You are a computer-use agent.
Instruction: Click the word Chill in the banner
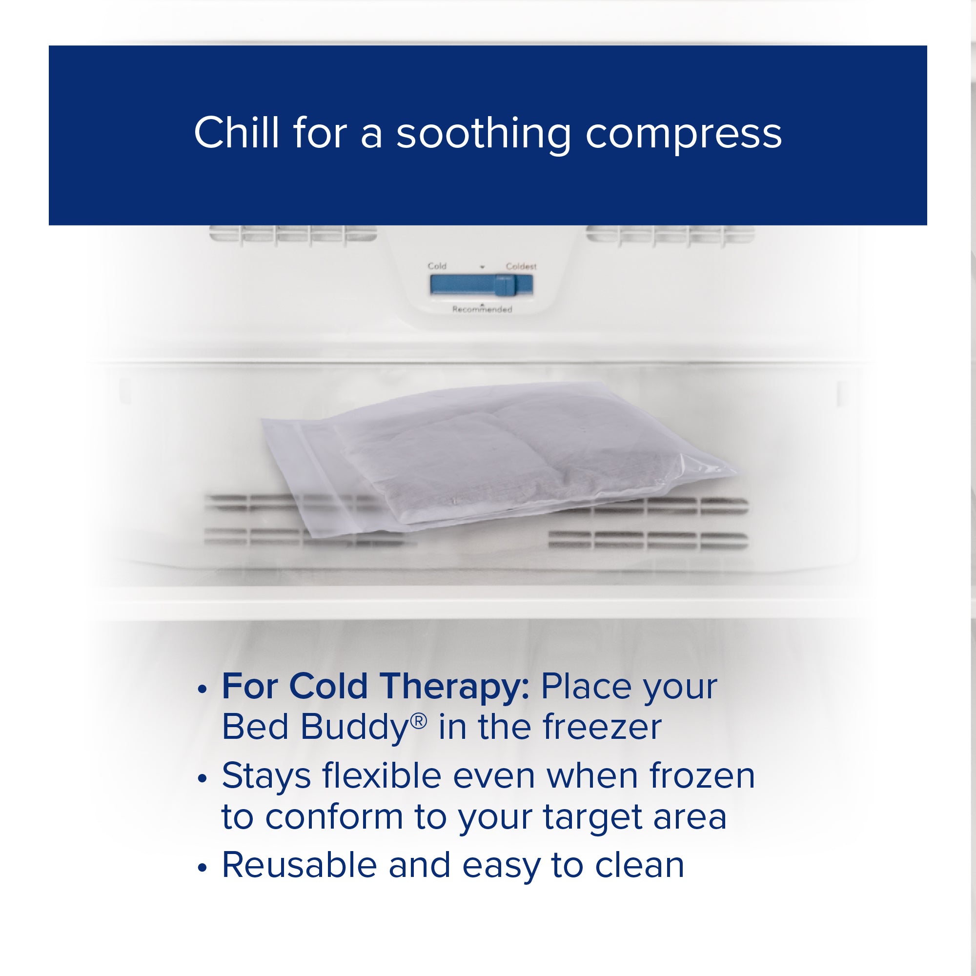pyautogui.click(x=236, y=133)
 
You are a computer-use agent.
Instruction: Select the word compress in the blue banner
pyautogui.click(x=684, y=135)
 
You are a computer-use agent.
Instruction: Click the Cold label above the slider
pyautogui.click(x=437, y=266)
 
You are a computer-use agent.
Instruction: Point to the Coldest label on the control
pyautogui.click(x=521, y=266)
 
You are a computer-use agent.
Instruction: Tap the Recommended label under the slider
pyautogui.click(x=482, y=309)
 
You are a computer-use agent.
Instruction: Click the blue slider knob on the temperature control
pyautogui.click(x=504, y=285)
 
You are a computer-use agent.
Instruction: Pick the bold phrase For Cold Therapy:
pyautogui.click(x=375, y=687)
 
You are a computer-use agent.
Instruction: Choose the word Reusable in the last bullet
pyautogui.click(x=299, y=865)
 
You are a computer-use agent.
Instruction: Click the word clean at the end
pyautogui.click(x=639, y=865)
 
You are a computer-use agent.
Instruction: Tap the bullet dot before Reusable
pyautogui.click(x=203, y=868)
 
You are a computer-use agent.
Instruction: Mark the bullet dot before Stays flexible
pyautogui.click(x=203, y=778)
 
